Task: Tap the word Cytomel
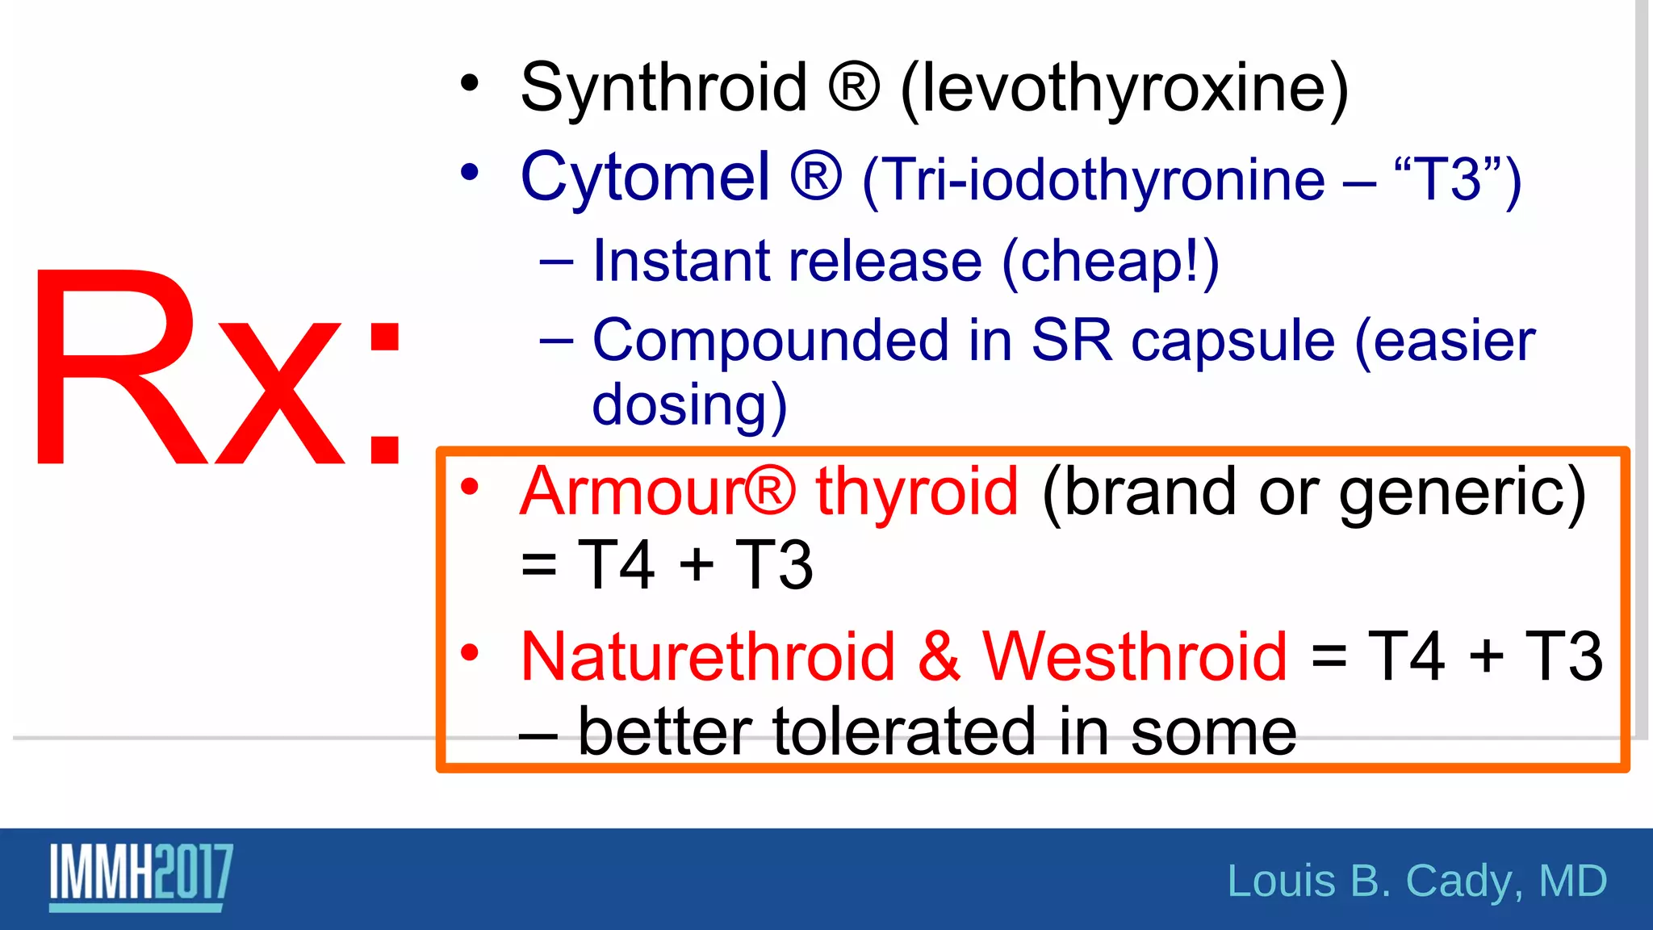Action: coord(645,177)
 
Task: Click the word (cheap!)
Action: coord(1110,262)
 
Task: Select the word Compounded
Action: coord(770,341)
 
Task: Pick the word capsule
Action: coord(1232,341)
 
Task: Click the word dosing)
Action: coord(688,405)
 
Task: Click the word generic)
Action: coord(1462,492)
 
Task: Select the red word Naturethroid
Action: coord(708,656)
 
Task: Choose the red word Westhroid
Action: coord(1134,656)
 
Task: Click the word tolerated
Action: coord(904,731)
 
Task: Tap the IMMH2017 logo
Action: coord(141,875)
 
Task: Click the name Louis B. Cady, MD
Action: coord(1417,880)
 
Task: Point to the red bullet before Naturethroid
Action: coord(470,651)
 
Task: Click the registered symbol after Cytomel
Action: coord(816,175)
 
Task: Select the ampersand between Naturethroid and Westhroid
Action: coord(939,656)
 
